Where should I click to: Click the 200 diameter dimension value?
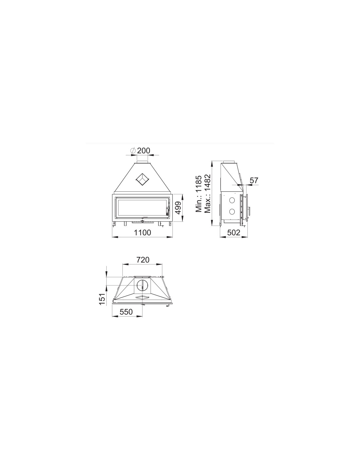click(x=143, y=150)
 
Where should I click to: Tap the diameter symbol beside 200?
click(x=133, y=150)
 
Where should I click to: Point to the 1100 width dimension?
click(x=142, y=232)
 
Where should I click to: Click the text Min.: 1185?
click(x=199, y=194)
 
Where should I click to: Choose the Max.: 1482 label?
click(x=207, y=194)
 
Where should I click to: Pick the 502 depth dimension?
click(x=234, y=232)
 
